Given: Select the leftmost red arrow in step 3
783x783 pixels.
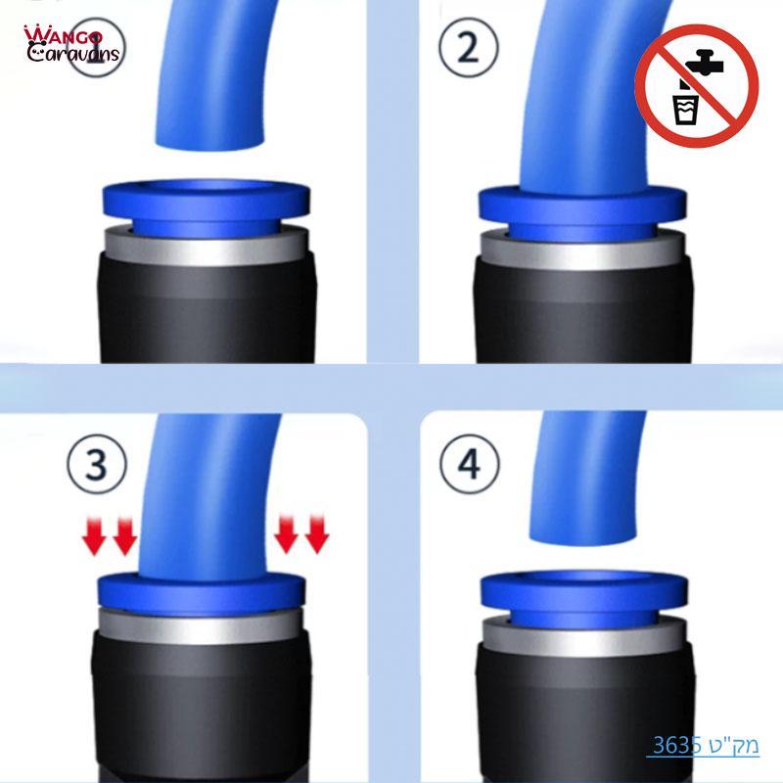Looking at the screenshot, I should tap(93, 536).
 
